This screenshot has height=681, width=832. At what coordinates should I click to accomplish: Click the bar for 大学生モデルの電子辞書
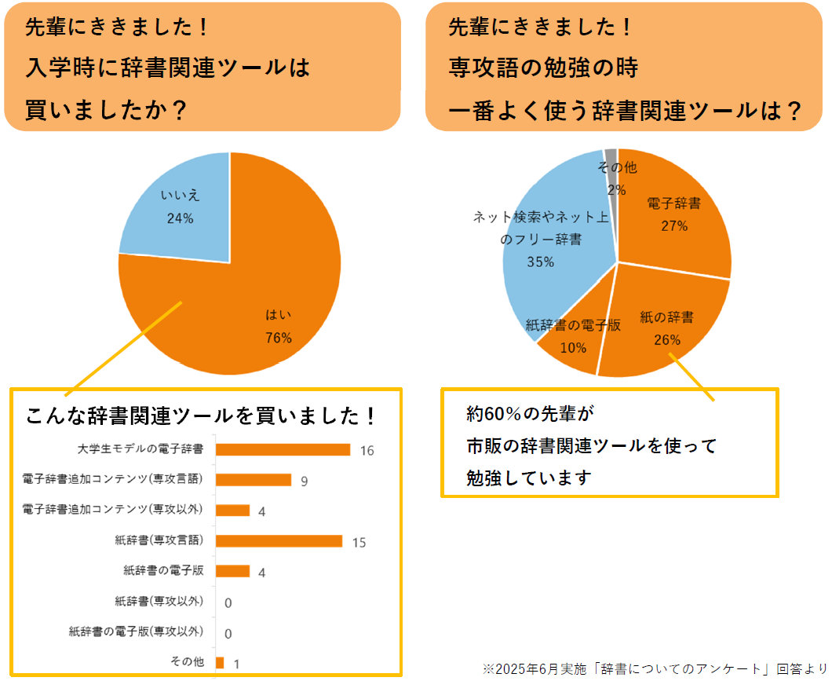click(283, 449)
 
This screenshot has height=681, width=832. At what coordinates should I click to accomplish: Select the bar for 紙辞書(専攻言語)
click(279, 541)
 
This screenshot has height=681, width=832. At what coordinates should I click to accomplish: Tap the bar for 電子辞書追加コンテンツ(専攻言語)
click(253, 480)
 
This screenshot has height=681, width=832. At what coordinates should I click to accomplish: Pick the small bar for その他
click(220, 663)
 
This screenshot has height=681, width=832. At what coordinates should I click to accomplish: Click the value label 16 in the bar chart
click(367, 451)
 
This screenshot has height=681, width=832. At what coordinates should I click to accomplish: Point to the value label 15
click(359, 543)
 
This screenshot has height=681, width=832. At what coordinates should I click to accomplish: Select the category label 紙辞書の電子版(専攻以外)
click(136, 632)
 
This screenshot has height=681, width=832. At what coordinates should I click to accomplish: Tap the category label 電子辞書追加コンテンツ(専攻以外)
click(113, 510)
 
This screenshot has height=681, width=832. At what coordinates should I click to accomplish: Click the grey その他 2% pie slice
click(611, 155)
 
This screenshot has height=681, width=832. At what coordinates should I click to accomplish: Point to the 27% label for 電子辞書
click(674, 226)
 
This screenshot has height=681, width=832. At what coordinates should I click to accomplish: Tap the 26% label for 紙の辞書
click(666, 340)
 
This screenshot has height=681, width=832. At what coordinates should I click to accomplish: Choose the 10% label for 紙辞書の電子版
click(573, 347)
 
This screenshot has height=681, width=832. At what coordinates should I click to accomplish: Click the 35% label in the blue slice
click(540, 262)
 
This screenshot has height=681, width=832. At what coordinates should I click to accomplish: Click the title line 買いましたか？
click(106, 110)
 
